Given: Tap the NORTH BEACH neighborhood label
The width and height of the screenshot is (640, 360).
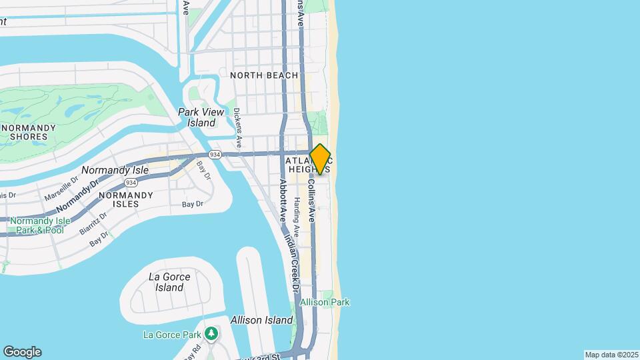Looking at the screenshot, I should pos(264,75).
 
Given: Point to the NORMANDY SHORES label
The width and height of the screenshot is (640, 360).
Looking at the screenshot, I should pos(27,132).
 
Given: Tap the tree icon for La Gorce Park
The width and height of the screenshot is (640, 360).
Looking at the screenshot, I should pos(211,333).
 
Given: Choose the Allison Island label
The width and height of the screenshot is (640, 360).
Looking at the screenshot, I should pos(261,320).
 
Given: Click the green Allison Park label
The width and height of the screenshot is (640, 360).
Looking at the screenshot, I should pos(325,302).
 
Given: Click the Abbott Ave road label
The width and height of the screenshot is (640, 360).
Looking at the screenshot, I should pos(283,200).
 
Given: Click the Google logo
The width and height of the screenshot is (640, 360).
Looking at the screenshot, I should pos(22,352).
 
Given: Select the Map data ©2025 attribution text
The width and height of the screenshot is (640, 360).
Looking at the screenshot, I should pos(611,355).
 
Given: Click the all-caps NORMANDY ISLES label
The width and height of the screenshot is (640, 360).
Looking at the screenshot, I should pos(125,196).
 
